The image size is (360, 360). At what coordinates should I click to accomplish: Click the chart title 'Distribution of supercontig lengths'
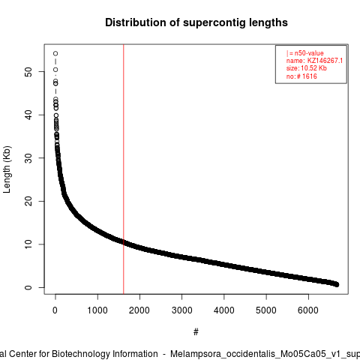(x=196, y=22)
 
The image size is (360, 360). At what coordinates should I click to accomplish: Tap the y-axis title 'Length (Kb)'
(x=7, y=169)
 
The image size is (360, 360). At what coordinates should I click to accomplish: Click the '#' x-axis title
(x=196, y=332)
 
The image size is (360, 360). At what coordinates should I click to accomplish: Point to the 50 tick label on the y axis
(x=28, y=71)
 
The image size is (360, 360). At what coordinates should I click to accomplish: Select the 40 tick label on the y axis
(x=28, y=115)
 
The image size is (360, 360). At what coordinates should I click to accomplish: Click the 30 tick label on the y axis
(x=28, y=157)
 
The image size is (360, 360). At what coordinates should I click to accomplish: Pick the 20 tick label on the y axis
(x=28, y=201)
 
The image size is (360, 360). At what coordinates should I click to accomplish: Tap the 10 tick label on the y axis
(x=28, y=244)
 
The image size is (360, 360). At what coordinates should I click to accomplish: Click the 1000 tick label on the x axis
(x=97, y=310)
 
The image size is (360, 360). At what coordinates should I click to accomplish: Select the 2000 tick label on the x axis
(x=139, y=310)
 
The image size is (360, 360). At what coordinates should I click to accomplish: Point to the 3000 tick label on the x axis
(x=181, y=310)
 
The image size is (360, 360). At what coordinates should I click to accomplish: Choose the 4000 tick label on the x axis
(x=224, y=310)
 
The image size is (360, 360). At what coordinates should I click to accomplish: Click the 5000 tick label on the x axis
(x=266, y=310)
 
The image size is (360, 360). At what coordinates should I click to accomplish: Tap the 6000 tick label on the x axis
(x=308, y=310)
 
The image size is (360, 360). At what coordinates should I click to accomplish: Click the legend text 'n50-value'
(x=309, y=53)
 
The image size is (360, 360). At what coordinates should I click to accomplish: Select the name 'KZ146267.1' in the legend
(x=325, y=61)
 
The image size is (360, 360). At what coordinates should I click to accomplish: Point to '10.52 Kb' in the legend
(x=313, y=68)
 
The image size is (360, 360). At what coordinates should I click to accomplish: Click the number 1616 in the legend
(x=310, y=76)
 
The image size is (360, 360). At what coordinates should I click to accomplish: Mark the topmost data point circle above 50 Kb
(x=55, y=53)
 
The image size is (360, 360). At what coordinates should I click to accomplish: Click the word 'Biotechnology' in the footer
(x=104, y=354)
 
